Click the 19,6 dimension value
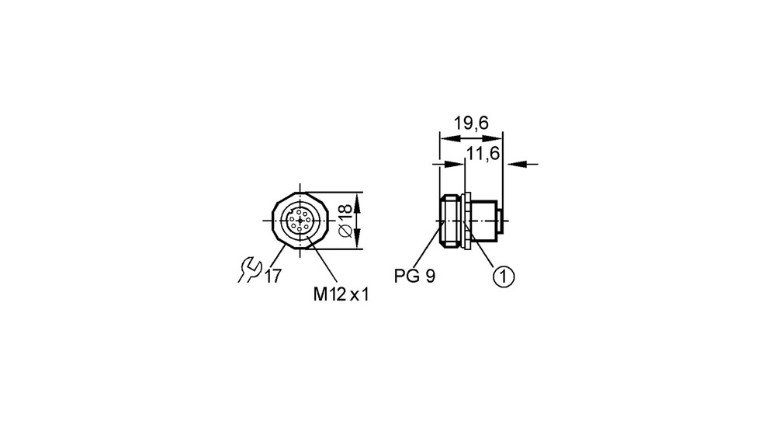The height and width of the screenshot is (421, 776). [x=471, y=123]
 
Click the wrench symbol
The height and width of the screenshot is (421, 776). [x=249, y=270]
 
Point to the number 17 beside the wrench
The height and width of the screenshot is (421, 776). [x=272, y=276]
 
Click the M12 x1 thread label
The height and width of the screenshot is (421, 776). [x=341, y=294]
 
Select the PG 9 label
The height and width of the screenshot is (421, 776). [x=414, y=277]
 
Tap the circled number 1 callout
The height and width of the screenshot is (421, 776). [x=504, y=277]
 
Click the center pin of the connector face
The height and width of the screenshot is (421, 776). [x=300, y=221]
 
